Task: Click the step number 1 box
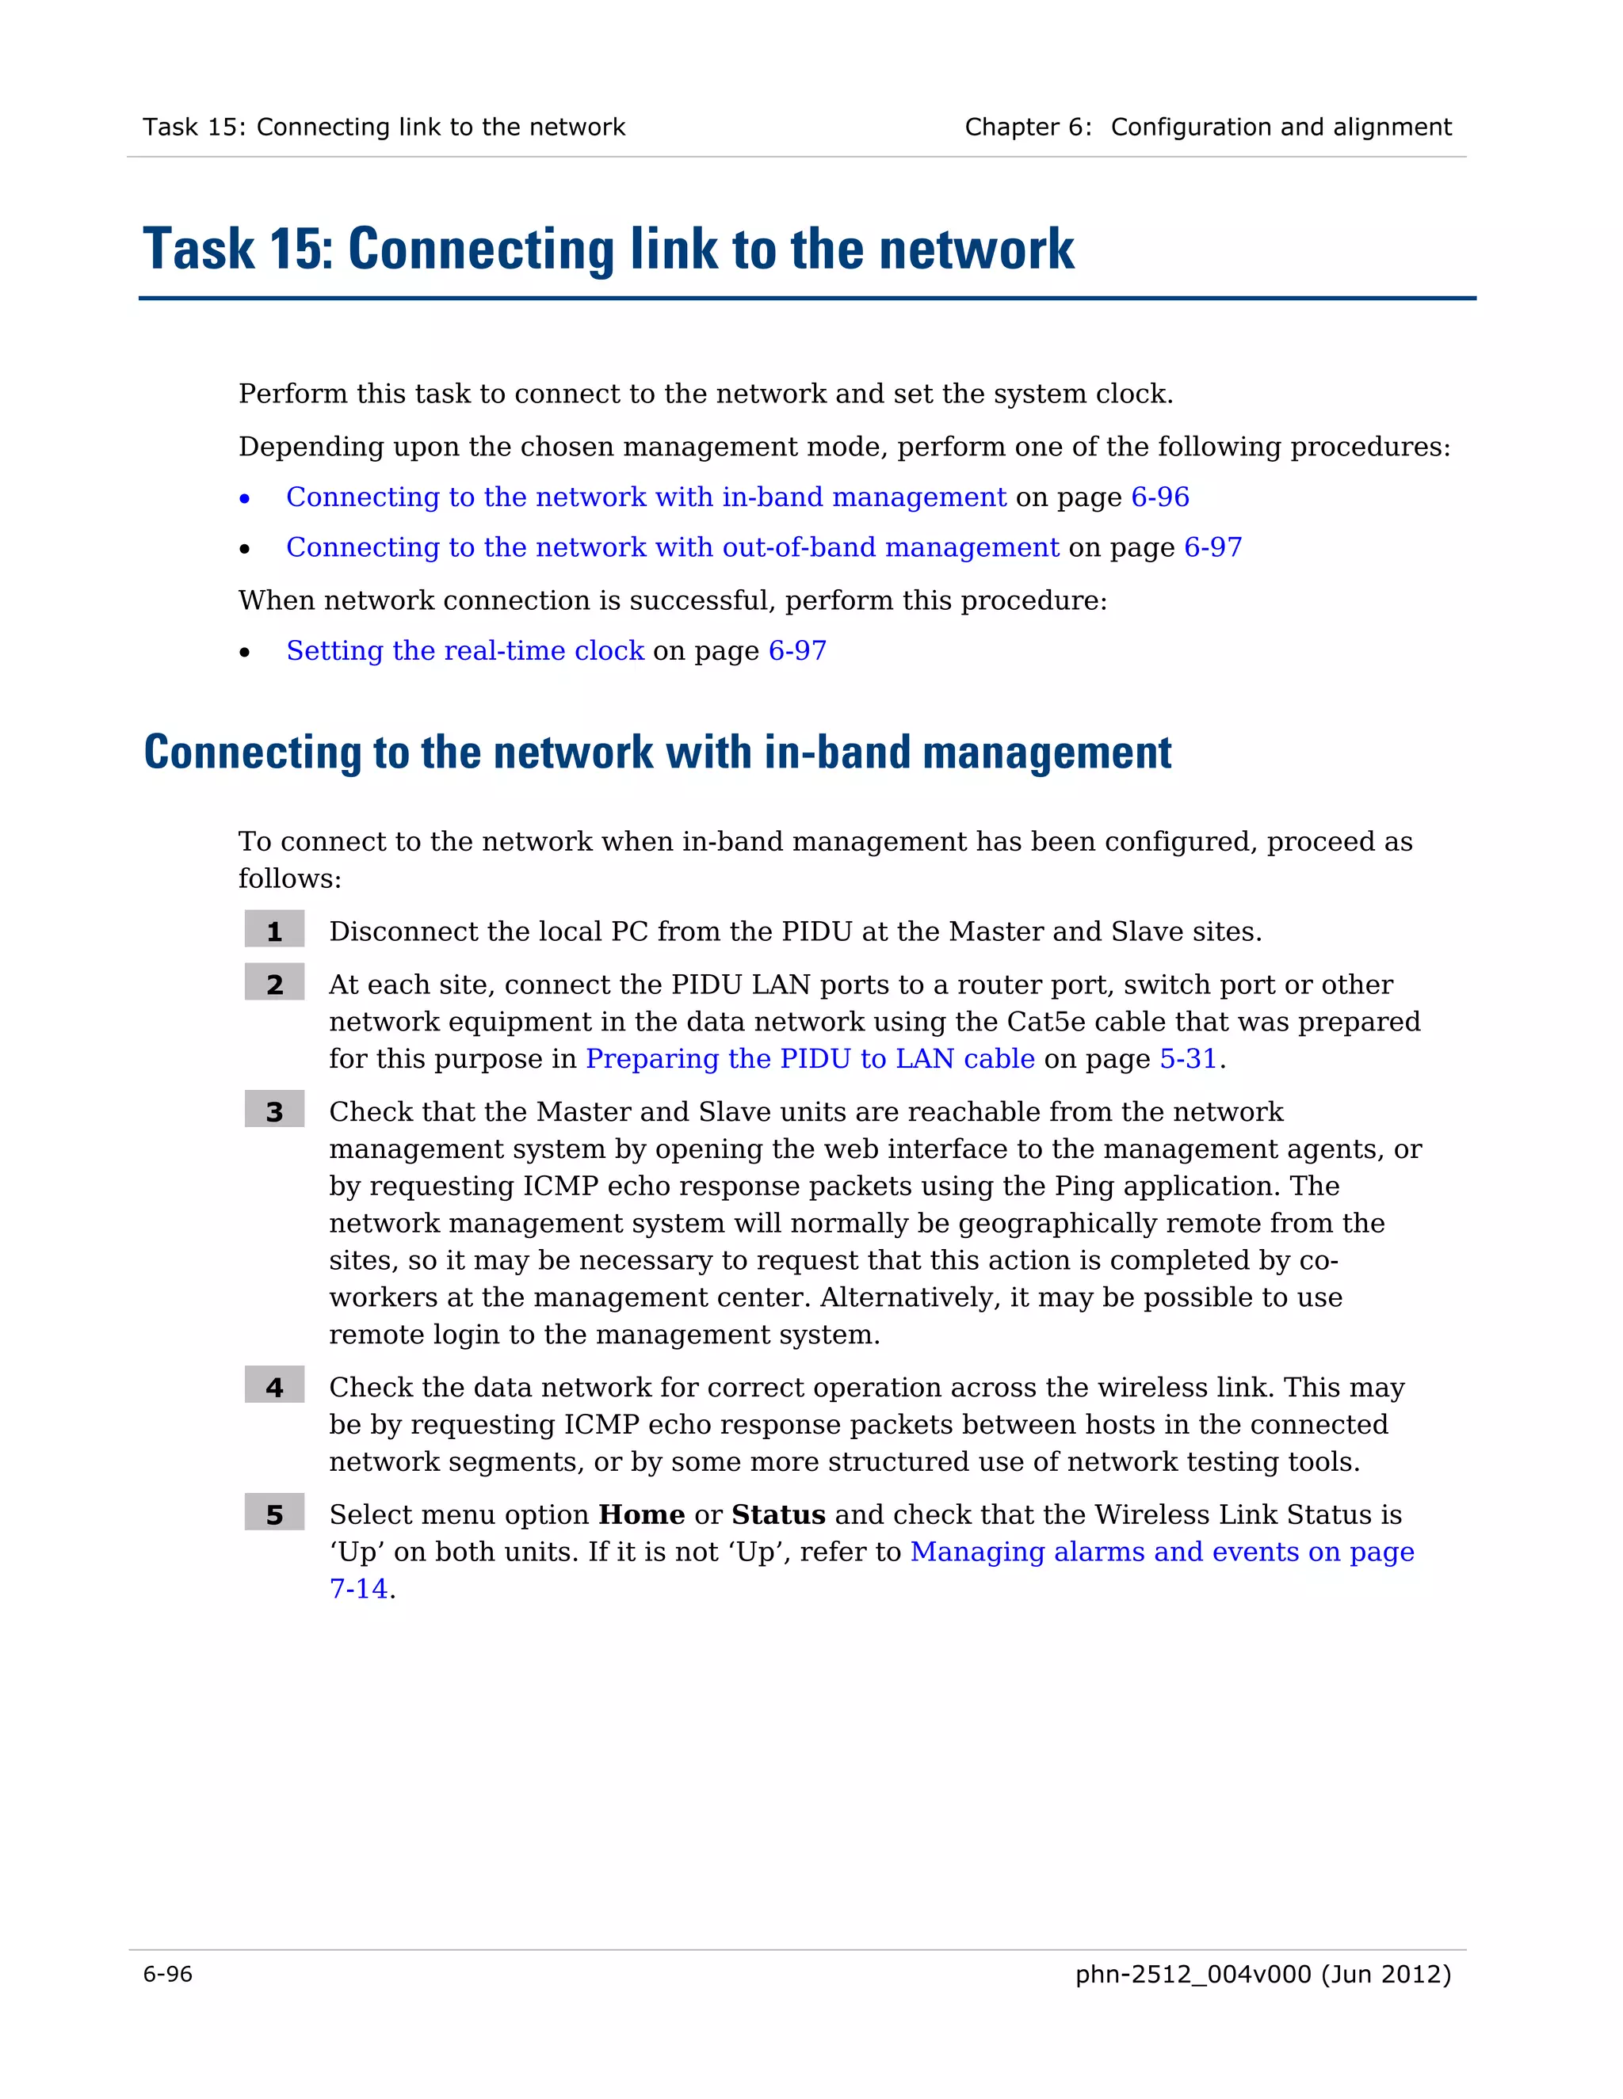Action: pos(274,931)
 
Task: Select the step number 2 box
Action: pos(274,983)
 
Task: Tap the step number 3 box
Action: pos(274,1110)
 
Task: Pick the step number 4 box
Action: pos(274,1386)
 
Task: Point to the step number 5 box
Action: pos(274,1513)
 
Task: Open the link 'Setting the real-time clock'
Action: pos(464,650)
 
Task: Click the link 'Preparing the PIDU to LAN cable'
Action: pos(810,1058)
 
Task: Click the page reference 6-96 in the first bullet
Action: pos(1159,497)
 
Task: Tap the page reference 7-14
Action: pos(359,1587)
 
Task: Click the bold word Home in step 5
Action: pos(641,1514)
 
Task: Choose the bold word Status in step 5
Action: pos(778,1514)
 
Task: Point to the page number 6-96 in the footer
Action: pos(167,1974)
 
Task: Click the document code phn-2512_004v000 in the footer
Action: pos(1192,1974)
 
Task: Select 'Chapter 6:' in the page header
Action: pos(1027,127)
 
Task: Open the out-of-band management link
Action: pos(672,547)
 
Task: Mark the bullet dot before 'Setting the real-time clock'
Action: pos(245,653)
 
